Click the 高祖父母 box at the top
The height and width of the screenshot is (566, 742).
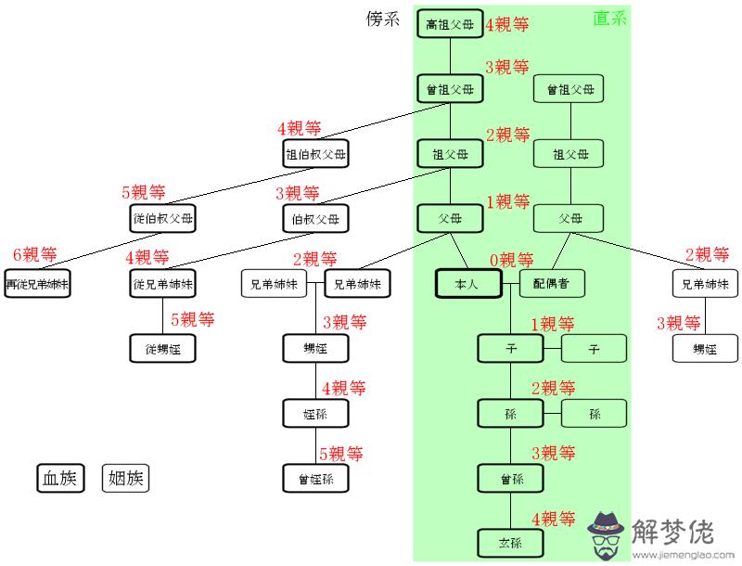[x=450, y=24]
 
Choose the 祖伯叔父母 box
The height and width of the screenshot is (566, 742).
[x=316, y=154]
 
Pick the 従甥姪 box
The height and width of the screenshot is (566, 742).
[x=164, y=349]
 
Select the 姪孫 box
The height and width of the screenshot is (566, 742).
[x=316, y=414]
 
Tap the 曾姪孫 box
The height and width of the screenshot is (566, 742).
[x=316, y=479]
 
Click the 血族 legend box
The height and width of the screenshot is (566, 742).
[x=61, y=479]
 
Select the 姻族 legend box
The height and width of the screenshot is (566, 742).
[x=125, y=479]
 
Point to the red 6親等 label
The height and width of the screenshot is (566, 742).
[x=35, y=255]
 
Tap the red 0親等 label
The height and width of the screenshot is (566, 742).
[x=512, y=261]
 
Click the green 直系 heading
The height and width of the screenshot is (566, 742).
[x=609, y=18]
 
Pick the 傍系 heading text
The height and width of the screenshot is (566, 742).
[x=382, y=19]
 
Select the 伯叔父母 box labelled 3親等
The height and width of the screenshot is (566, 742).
[x=316, y=219]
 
